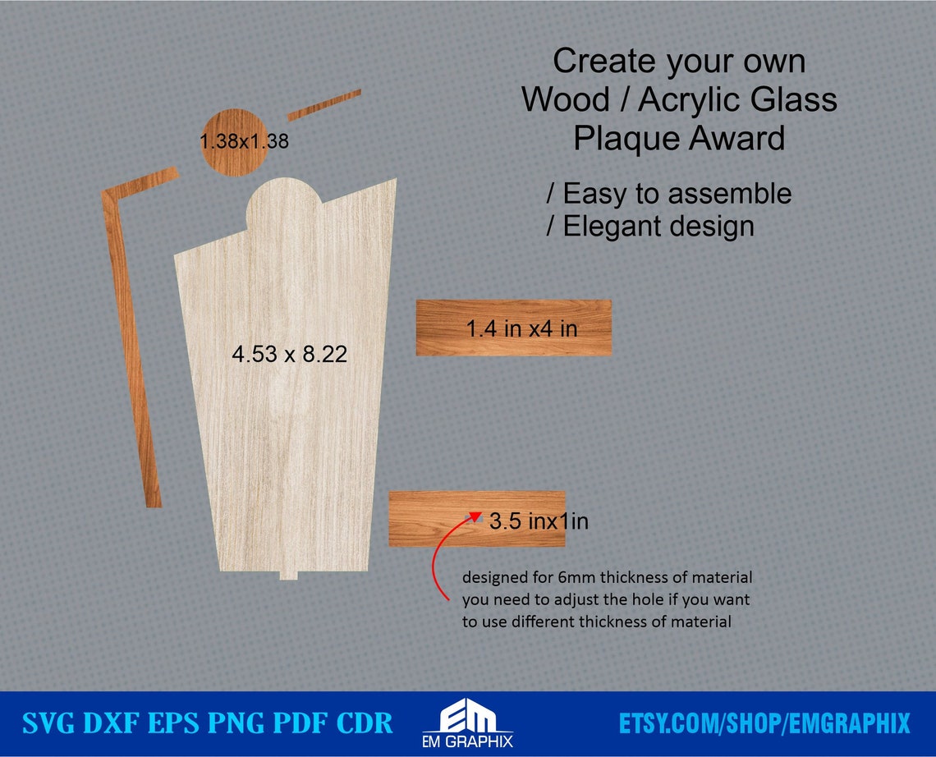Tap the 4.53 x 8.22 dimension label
click(x=289, y=355)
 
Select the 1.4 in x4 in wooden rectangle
click(x=513, y=328)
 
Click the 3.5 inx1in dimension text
click(x=539, y=521)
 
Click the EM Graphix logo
click(x=467, y=723)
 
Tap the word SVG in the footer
click(x=52, y=723)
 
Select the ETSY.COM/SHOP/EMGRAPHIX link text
click(x=764, y=723)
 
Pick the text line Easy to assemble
click(x=669, y=194)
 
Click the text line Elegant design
click(x=650, y=226)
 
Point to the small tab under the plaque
click(x=288, y=575)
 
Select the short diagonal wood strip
click(x=324, y=104)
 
